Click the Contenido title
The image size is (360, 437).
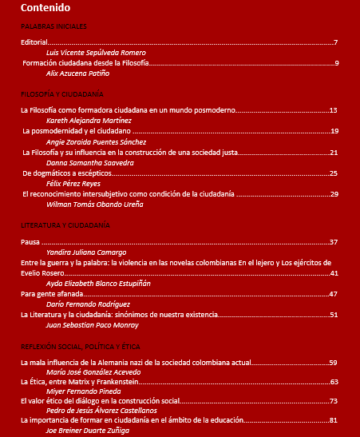tap(45, 8)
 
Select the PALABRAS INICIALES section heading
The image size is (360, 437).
tap(53, 26)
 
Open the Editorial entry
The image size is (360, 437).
tap(35, 42)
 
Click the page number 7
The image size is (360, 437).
tap(335, 42)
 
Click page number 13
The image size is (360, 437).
tap(333, 109)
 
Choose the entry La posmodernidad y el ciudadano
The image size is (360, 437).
tap(76, 131)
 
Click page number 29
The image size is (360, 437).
tap(334, 193)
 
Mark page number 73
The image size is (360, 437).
tap(334, 400)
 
